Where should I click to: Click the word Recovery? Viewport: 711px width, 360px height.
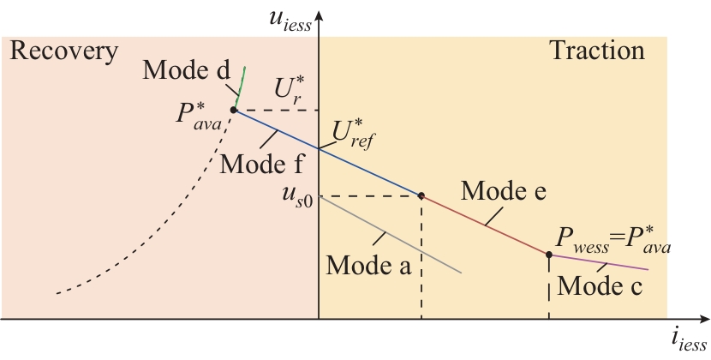pyautogui.click(x=63, y=52)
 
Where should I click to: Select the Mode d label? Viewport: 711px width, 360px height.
pyautogui.click(x=188, y=71)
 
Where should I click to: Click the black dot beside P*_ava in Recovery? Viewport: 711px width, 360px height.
pyautogui.click(x=233, y=110)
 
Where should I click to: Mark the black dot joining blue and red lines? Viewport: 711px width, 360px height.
pyautogui.click(x=421, y=195)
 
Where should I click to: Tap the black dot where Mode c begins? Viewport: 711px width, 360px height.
pyautogui.click(x=548, y=254)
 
